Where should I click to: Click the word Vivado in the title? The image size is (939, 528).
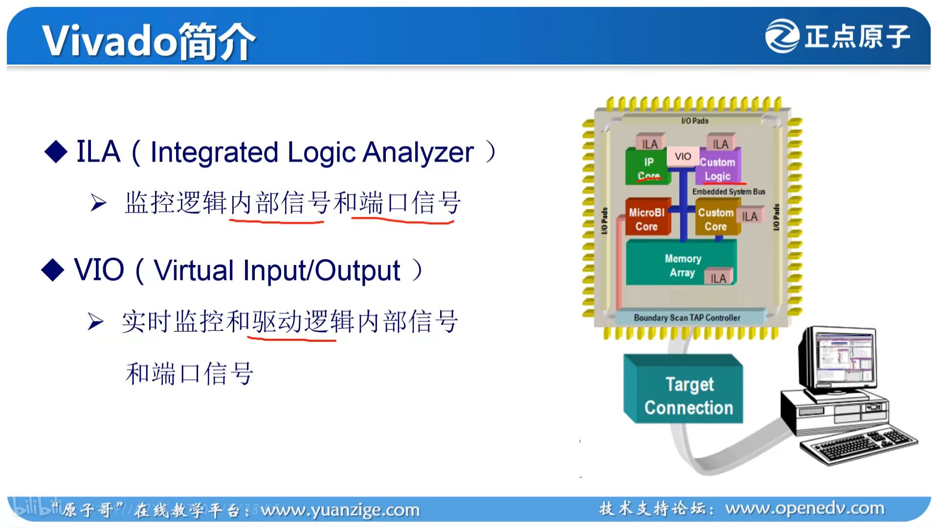point(109,41)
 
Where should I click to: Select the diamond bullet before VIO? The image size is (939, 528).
point(53,270)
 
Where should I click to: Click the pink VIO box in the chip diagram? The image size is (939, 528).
point(683,156)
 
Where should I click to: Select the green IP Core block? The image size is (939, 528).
point(647,167)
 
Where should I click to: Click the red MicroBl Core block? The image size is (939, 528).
point(647,219)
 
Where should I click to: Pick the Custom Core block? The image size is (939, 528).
point(715,219)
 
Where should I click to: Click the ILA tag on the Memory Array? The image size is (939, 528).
point(718,278)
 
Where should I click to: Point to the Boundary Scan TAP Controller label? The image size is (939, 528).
point(687,318)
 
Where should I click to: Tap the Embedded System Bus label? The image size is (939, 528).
point(728,192)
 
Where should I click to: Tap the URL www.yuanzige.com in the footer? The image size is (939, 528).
point(340,510)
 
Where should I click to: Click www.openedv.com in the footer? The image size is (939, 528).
point(805,508)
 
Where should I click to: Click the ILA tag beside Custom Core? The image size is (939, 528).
point(749,217)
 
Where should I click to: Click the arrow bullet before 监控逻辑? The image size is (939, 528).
point(98,202)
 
